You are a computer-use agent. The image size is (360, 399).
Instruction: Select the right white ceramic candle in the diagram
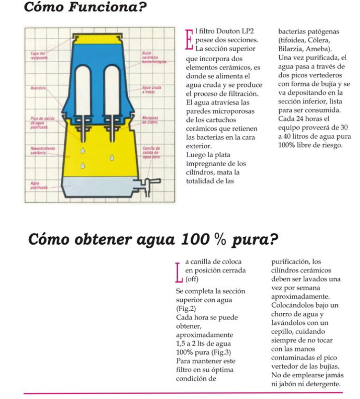coord(112,89)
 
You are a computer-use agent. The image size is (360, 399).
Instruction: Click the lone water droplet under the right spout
coord(112,158)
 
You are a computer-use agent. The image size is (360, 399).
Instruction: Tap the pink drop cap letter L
coord(178,272)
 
